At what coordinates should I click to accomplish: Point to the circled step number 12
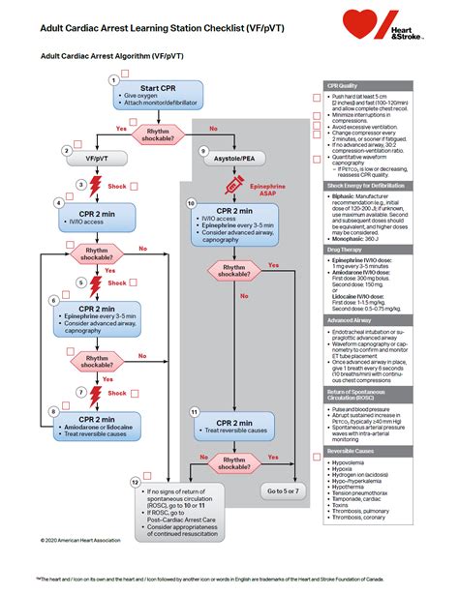136,482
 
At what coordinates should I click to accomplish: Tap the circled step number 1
114,86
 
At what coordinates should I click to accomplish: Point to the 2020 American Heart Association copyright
80,540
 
